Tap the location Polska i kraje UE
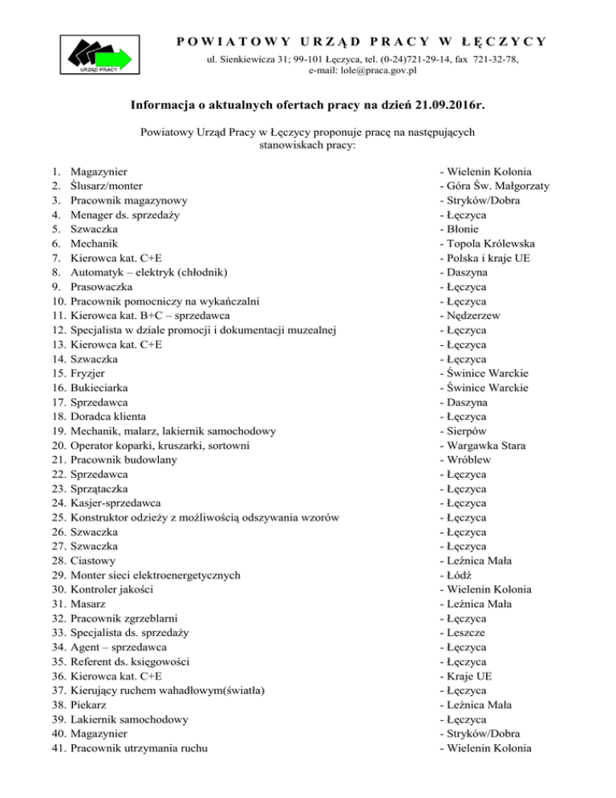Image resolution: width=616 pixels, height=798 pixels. (x=489, y=258)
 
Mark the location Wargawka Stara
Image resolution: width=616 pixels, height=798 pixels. (x=488, y=446)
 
